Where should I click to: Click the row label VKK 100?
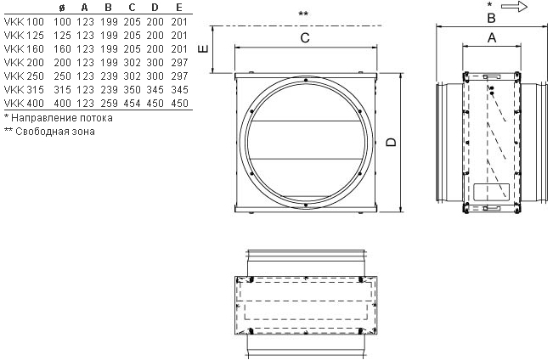pyautogui.click(x=24, y=22)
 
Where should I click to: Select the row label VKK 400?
pyautogui.click(x=24, y=104)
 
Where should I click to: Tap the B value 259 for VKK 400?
pyautogui.click(x=109, y=104)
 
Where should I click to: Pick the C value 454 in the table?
pyautogui.click(x=132, y=104)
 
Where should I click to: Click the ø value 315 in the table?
pyautogui.click(x=62, y=90)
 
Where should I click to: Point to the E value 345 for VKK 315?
pyautogui.click(x=179, y=90)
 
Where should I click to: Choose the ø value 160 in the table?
pyautogui.click(x=62, y=49)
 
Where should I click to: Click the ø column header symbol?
pyautogui.click(x=62, y=8)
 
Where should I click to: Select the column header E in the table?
pyautogui.click(x=179, y=8)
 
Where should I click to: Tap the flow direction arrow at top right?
pyautogui.click(x=514, y=7)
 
